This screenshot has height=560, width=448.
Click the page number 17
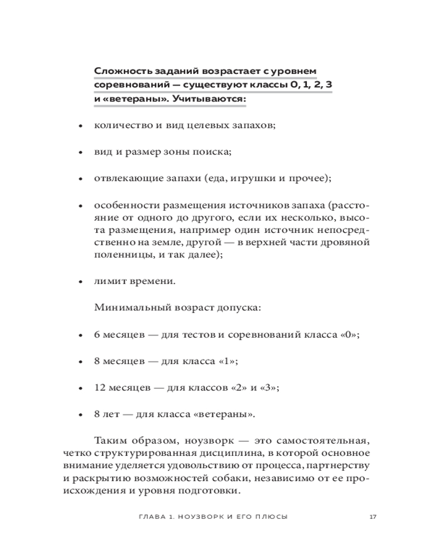[372, 516]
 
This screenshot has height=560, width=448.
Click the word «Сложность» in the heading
[120, 71]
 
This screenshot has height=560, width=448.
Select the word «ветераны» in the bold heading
[128, 99]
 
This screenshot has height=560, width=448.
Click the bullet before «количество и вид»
[81, 126]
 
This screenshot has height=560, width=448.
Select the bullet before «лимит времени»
[81, 282]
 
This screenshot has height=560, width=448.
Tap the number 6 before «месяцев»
[97, 334]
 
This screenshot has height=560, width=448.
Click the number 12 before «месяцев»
[100, 388]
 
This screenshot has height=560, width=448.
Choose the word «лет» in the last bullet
[111, 414]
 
